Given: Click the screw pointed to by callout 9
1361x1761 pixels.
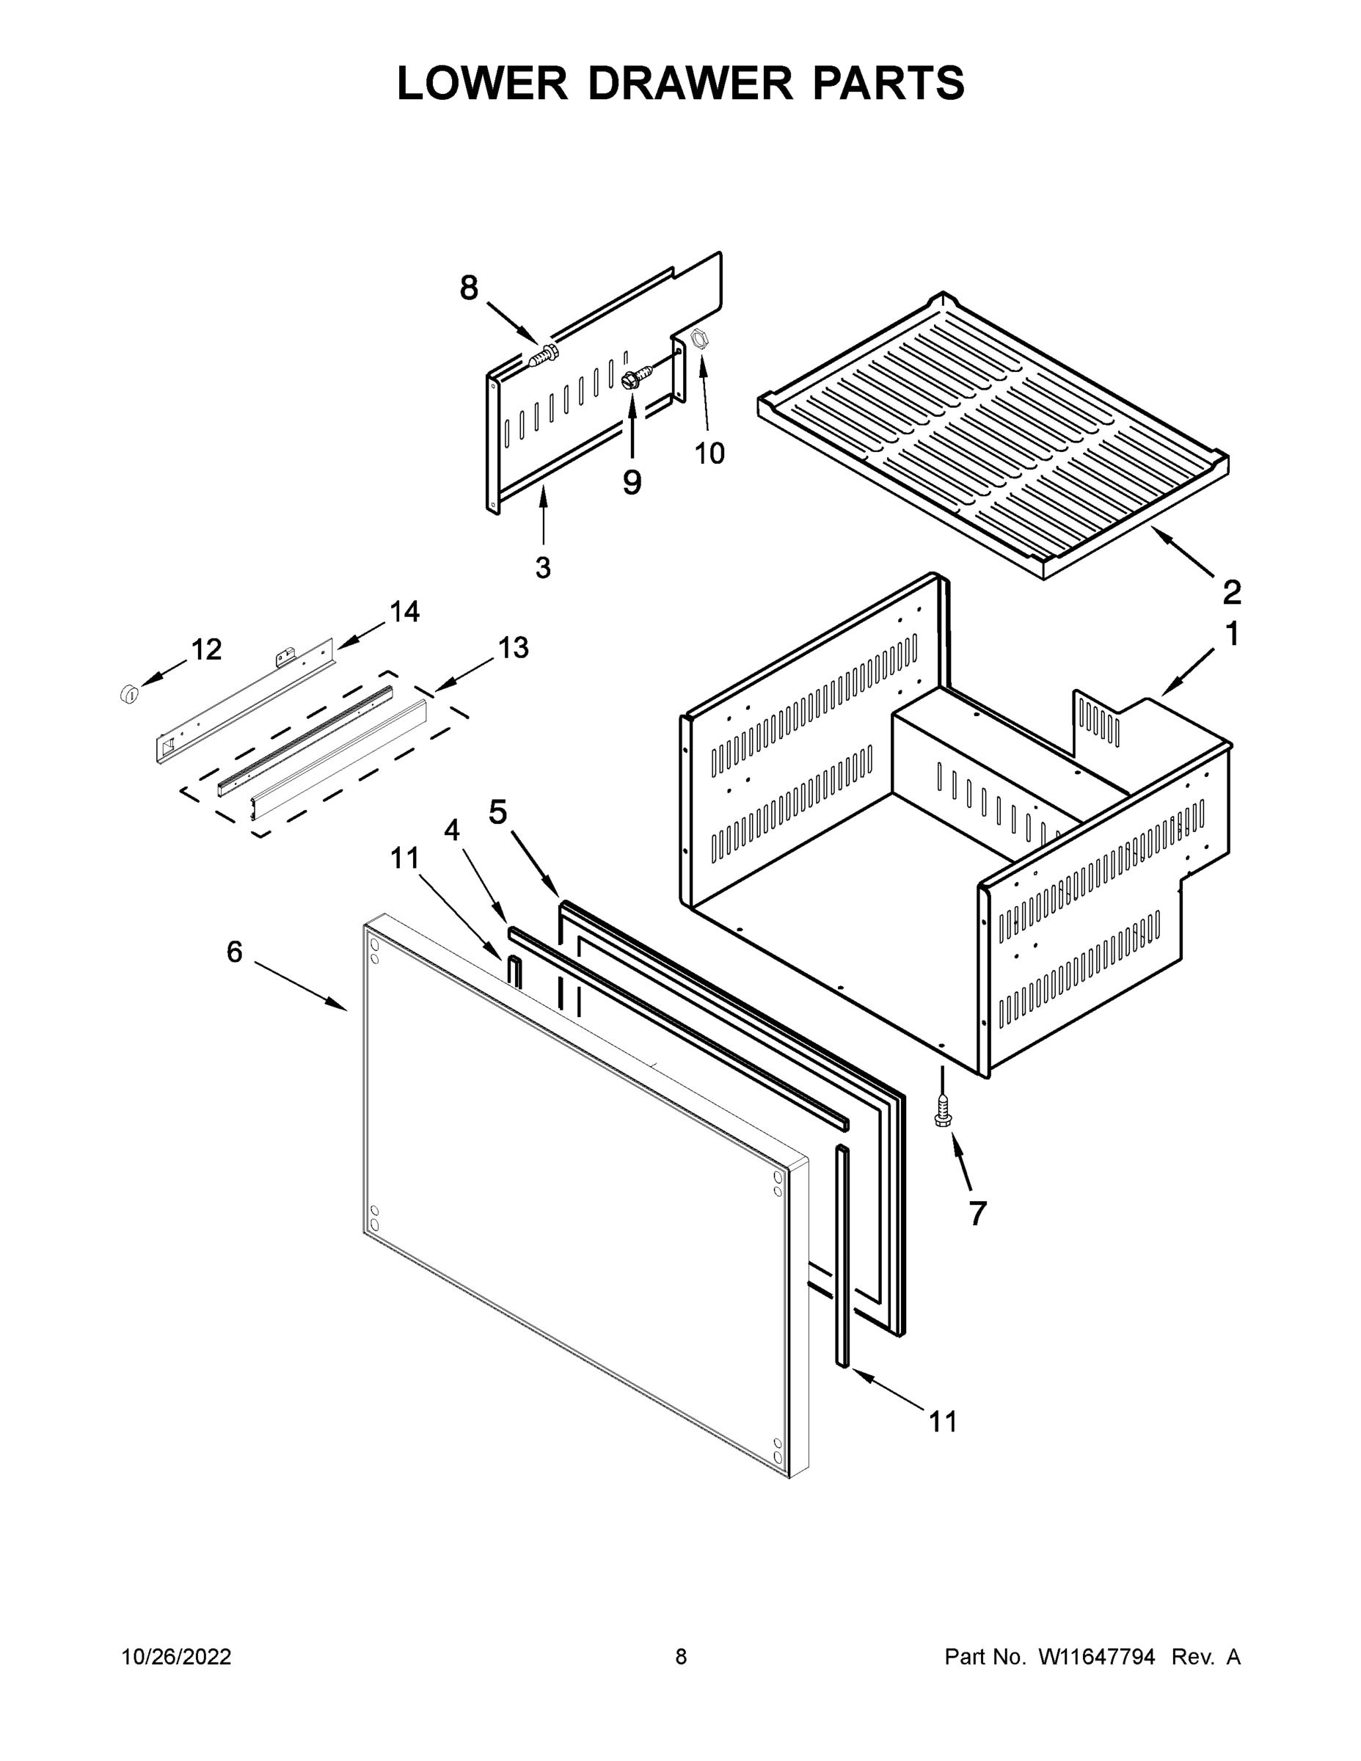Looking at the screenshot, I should (x=636, y=376).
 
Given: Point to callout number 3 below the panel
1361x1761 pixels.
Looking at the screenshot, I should (x=544, y=568).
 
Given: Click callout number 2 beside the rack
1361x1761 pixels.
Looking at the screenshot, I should (x=1232, y=593).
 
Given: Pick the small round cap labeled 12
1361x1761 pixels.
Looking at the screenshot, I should (x=128, y=693).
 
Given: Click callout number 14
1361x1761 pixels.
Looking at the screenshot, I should (x=405, y=612).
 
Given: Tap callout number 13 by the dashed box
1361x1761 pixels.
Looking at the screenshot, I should (x=514, y=646).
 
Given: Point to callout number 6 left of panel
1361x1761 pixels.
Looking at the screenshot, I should (x=235, y=952).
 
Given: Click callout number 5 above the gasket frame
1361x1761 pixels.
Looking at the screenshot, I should (x=498, y=812).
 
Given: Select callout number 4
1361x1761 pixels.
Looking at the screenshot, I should (x=453, y=830).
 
